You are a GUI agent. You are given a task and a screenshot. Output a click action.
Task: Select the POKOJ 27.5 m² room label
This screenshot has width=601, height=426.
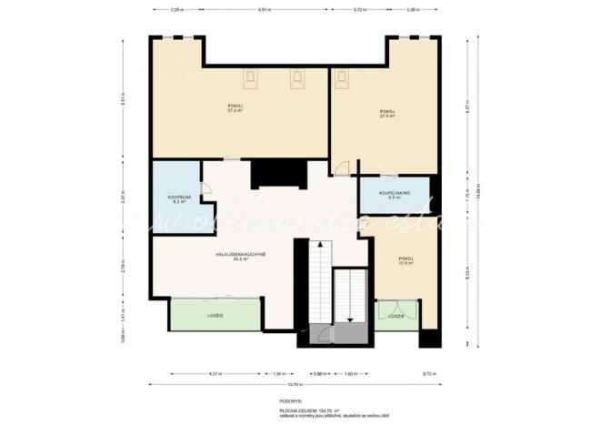coord(387,114)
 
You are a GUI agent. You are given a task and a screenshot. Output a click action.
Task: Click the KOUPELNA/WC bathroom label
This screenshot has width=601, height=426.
coord(397,195)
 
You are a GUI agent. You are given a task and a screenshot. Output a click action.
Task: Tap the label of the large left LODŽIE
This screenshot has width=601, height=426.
coord(215,315)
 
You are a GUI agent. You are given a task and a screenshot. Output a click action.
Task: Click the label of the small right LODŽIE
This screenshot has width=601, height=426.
coord(396,316)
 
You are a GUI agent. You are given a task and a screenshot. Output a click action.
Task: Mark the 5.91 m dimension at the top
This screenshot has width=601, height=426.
coord(264,10)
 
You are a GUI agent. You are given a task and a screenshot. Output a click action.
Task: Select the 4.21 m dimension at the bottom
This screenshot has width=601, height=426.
coord(215,373)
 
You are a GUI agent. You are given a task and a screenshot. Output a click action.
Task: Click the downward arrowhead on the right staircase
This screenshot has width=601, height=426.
coord(350,319)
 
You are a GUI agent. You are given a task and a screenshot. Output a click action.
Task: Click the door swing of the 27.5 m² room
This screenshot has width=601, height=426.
coord(340,167)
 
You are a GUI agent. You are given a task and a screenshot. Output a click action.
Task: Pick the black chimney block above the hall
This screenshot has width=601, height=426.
coord(268,173)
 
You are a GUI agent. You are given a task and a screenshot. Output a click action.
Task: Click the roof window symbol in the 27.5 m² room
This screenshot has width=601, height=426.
coord(343,78)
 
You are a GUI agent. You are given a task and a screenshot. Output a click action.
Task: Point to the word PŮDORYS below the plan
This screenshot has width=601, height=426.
coord(291,400)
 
